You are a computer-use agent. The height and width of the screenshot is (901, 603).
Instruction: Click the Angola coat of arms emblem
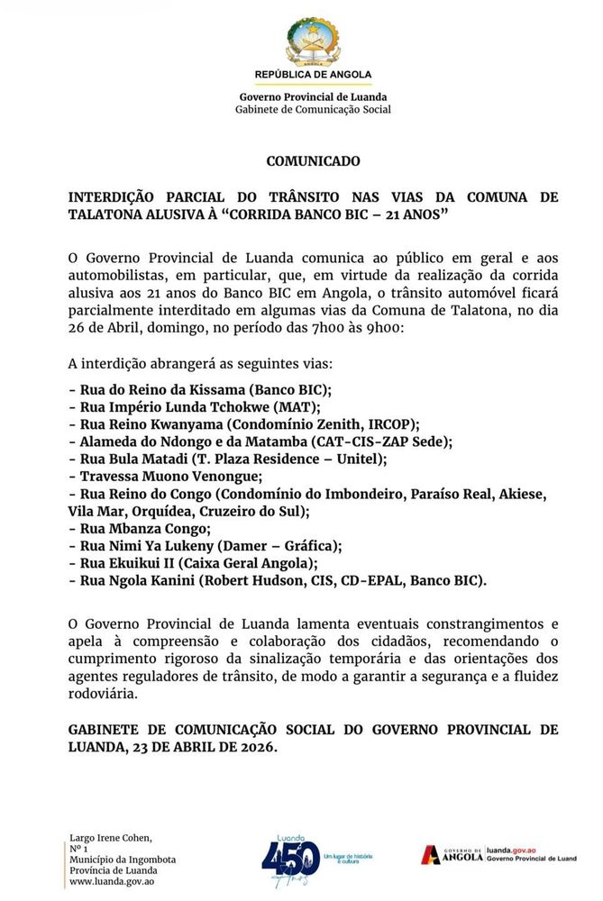312,41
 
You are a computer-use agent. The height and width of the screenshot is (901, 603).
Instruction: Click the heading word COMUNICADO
313,161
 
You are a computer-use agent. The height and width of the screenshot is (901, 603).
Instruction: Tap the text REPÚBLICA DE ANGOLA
313,75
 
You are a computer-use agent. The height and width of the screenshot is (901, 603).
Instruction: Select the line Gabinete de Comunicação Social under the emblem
313,109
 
